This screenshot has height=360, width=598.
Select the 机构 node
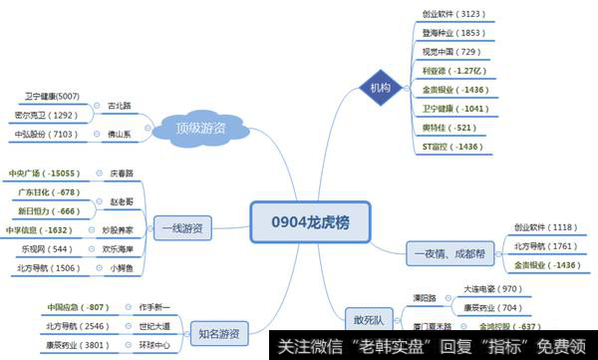click(x=381, y=88)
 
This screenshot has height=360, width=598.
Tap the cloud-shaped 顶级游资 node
click(x=200, y=127)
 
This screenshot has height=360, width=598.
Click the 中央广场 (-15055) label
click(x=49, y=173)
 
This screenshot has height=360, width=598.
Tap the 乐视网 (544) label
click(x=46, y=249)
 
